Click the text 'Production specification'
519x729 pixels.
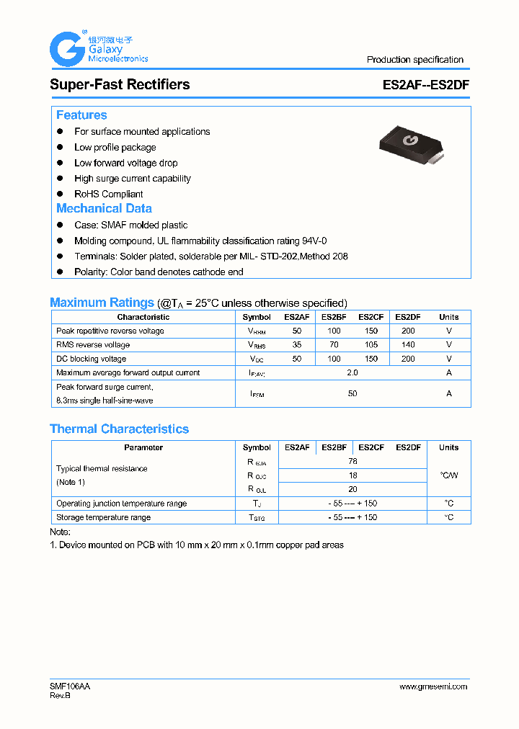[x=414, y=60]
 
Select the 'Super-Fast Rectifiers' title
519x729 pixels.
[x=120, y=84]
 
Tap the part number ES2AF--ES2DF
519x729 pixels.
[x=426, y=84]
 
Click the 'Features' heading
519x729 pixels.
[x=81, y=115]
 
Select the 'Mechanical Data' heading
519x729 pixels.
[x=104, y=208]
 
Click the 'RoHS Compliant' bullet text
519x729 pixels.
[x=108, y=194]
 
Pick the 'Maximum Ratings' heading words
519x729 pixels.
[x=102, y=303]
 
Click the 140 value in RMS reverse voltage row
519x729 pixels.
[x=408, y=345]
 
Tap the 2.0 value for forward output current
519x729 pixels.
[x=352, y=372]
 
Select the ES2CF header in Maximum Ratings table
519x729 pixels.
[x=371, y=317]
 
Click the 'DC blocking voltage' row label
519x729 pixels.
[x=91, y=359]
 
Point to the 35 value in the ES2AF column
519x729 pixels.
[x=296, y=345]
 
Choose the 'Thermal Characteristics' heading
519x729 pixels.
[x=119, y=429]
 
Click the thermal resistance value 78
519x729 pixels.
[x=352, y=461]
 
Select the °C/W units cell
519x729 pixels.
[x=448, y=475]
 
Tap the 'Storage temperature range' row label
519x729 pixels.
[x=103, y=517]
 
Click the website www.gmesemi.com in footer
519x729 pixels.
[x=432, y=686]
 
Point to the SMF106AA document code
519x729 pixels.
[x=70, y=686]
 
